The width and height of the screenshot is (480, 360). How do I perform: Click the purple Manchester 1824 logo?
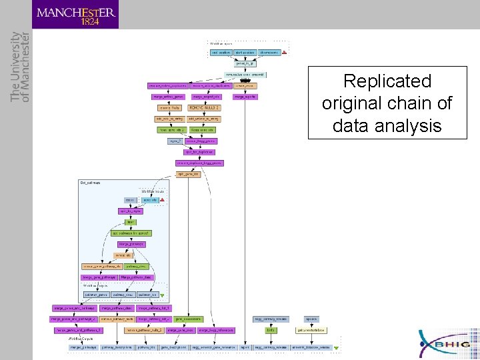tap(75, 14)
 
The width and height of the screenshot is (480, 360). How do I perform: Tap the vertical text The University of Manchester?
tap(20, 67)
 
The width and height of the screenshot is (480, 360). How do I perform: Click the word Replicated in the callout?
tap(387, 81)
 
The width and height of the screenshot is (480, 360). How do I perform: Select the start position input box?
tap(244, 52)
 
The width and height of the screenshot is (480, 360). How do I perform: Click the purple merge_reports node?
tap(245, 97)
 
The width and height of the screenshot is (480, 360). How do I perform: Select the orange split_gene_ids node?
tap(188, 174)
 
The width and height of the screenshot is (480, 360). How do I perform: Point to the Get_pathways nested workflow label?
tap(91, 182)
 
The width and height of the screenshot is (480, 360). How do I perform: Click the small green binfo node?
tap(271, 329)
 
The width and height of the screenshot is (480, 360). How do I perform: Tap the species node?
tap(311, 319)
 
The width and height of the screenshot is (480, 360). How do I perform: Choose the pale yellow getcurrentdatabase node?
tap(311, 329)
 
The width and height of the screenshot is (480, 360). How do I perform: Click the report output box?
tap(245, 347)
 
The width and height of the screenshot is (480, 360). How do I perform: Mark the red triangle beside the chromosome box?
tap(285, 52)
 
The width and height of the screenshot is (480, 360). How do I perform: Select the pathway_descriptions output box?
tap(117, 347)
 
